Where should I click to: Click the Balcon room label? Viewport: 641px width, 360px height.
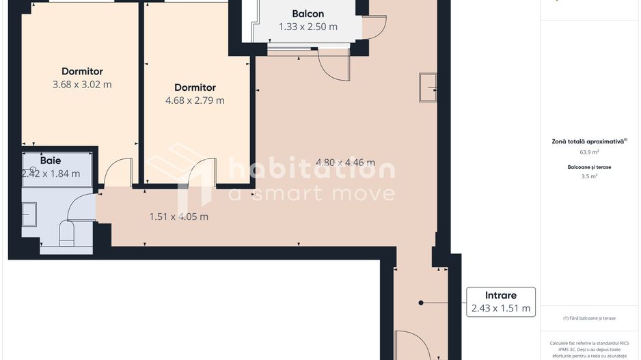tap(308, 14)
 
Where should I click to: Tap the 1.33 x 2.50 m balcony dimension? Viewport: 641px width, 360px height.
tap(308, 27)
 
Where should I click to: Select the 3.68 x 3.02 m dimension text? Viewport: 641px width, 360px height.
tap(82, 85)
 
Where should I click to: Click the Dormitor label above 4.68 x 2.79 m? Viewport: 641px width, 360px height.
tap(195, 87)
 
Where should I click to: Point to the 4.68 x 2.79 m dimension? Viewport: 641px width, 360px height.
tap(195, 100)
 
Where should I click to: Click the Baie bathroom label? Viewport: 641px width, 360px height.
tap(51, 161)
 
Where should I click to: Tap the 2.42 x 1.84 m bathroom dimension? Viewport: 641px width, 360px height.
tap(51, 174)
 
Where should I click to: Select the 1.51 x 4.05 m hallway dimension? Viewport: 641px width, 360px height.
tap(178, 217)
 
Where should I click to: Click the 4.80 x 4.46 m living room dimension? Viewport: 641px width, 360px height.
tap(345, 163)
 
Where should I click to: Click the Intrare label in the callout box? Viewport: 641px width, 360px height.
tap(500, 296)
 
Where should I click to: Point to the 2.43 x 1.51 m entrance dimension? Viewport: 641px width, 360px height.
tap(500, 309)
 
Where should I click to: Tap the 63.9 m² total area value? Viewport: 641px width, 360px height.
tap(589, 152)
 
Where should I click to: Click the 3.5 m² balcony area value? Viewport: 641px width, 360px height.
tap(589, 176)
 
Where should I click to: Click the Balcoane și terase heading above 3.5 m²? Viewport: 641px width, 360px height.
tap(589, 167)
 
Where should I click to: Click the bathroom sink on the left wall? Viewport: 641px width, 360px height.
tap(29, 214)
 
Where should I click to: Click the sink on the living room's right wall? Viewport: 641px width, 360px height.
tap(428, 87)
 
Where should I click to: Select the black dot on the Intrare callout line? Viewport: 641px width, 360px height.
tap(421, 303)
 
